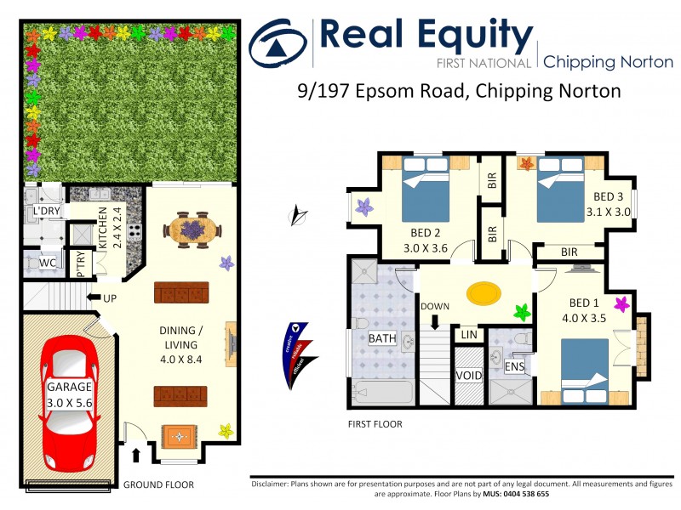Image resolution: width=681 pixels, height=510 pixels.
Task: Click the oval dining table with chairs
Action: [x=192, y=229]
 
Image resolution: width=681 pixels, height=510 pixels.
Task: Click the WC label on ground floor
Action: [x=48, y=263]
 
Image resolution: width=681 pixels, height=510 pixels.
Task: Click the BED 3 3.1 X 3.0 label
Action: [x=607, y=205]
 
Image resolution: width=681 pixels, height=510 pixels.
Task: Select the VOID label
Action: [x=469, y=376]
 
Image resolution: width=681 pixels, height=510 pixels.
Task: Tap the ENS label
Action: [x=513, y=367]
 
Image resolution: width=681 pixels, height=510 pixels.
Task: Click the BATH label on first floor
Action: [x=382, y=338]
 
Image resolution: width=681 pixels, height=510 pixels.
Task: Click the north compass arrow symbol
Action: [x=297, y=216]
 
